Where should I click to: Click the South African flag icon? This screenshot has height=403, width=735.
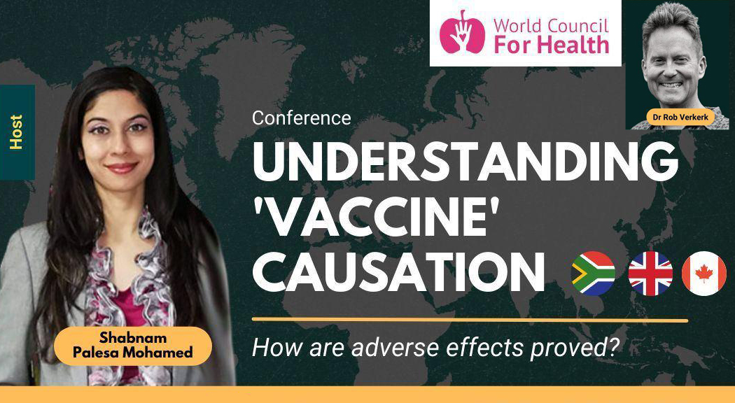coord(593,273)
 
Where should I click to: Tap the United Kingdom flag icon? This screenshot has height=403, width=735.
coord(650,273)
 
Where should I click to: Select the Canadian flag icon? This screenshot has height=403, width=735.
coord(704,273)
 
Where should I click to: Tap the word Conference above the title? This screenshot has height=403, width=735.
coord(301,118)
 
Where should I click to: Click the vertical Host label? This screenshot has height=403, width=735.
coord(17,132)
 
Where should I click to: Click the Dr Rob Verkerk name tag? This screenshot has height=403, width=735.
coord(680,117)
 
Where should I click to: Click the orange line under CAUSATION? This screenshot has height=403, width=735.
coord(469,320)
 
